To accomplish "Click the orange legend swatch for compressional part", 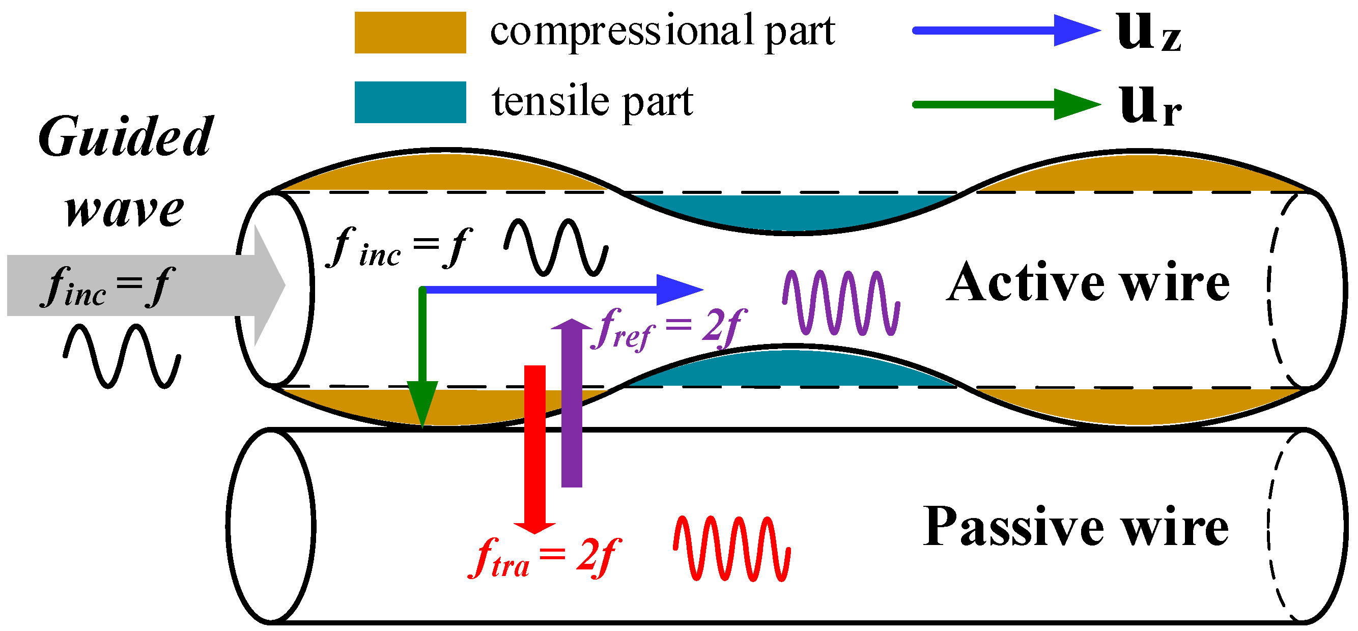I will tap(410, 33).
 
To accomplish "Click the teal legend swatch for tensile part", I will tap(410, 102).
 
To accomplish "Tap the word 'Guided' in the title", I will tap(125, 137).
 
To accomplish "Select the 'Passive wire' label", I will tap(1076, 527).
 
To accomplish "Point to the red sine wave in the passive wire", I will tap(731, 548).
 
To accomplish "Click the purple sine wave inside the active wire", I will tap(841, 303).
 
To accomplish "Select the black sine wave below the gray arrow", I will tap(122, 357).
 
